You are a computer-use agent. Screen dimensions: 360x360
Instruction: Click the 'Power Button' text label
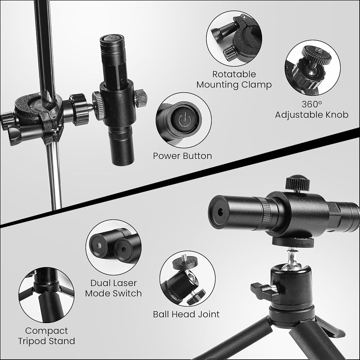(182, 156)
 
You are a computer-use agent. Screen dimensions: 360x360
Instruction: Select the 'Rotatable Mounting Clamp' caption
(234, 80)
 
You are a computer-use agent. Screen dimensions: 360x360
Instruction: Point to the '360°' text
(312, 104)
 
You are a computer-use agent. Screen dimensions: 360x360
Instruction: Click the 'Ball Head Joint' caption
(186, 314)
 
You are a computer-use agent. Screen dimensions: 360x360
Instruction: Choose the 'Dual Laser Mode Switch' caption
(113, 288)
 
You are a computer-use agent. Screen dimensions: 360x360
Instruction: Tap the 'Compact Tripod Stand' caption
(46, 336)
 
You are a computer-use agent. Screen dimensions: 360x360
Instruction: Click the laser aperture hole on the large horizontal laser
(220, 212)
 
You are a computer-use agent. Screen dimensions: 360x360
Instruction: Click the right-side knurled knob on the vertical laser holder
(140, 98)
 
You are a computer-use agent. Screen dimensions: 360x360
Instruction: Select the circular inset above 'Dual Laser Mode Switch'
(113, 247)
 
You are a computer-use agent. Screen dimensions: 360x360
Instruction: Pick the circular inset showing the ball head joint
(188, 279)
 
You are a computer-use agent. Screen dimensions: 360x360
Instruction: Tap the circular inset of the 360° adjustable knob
(313, 68)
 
